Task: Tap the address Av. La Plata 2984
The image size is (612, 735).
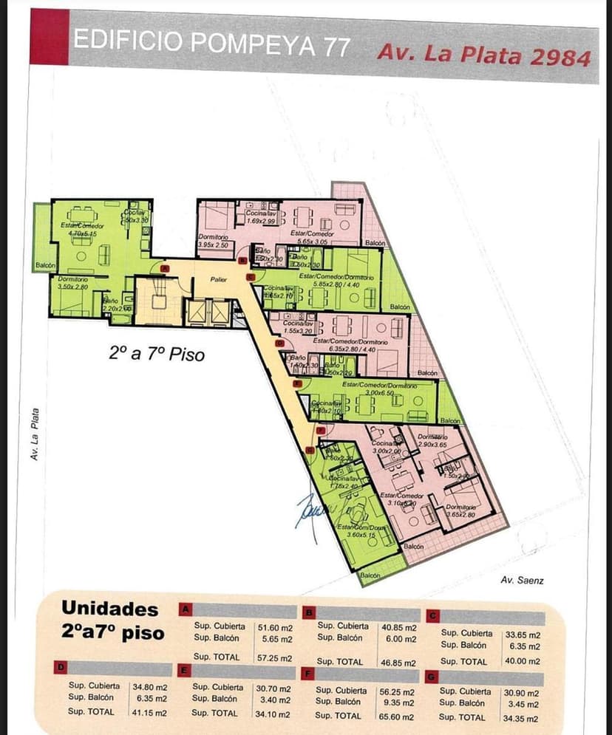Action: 483,55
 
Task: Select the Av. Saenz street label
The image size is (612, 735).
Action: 522,581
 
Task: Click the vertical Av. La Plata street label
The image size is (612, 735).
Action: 34,436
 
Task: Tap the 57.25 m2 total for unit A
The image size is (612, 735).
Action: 274,657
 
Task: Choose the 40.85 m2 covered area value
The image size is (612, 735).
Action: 399,626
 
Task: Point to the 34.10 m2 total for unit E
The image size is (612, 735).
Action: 274,714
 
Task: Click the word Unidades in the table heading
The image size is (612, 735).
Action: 109,609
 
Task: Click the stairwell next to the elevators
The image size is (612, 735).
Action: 157,301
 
